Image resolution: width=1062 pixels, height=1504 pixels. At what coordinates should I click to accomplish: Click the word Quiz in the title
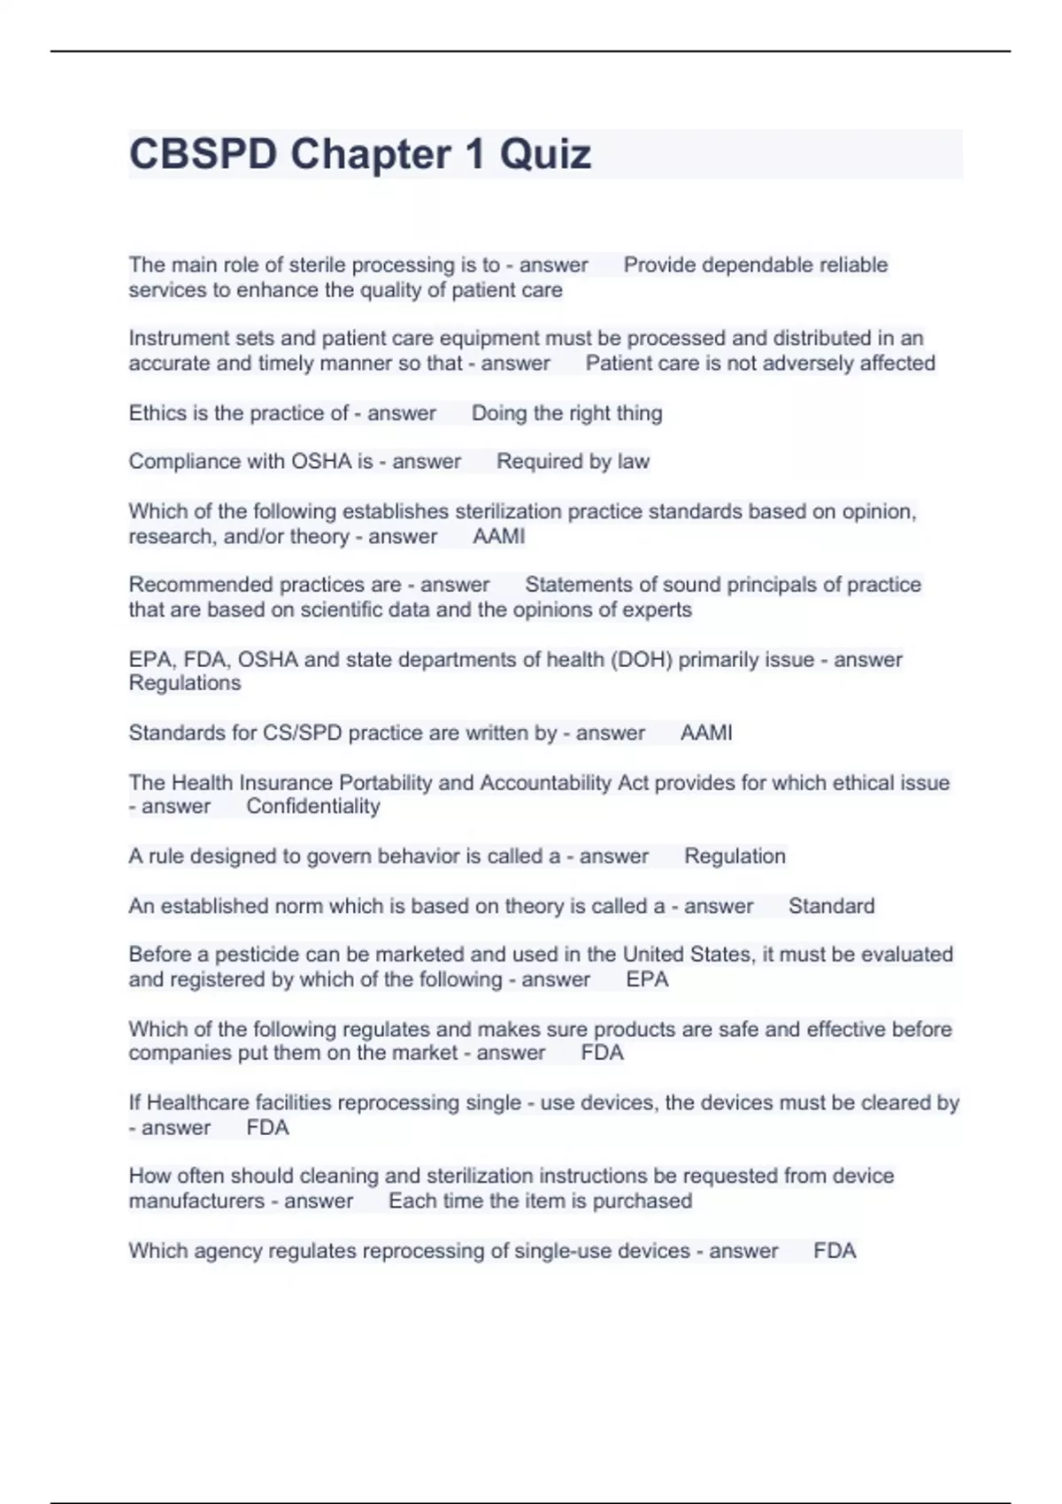[x=545, y=155]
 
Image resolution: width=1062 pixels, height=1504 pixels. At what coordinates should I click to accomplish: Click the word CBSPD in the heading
[x=203, y=155]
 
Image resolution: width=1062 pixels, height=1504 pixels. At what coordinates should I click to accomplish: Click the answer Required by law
[x=573, y=462]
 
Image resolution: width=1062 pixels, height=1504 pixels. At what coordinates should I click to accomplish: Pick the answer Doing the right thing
[x=566, y=413]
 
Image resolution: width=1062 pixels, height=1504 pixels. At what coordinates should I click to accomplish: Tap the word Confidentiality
[x=313, y=807]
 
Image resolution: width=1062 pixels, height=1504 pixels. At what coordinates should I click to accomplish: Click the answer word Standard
[x=831, y=907]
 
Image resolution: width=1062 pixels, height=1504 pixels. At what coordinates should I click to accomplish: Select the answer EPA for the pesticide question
[x=647, y=980]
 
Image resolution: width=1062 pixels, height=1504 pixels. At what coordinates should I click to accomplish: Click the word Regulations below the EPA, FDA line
[x=185, y=684]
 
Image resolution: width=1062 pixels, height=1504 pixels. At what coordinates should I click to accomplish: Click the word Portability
[x=382, y=783]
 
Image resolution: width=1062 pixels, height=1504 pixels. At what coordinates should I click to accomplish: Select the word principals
[x=770, y=585]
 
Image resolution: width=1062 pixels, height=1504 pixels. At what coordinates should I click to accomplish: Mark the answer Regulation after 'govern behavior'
[x=735, y=856]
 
